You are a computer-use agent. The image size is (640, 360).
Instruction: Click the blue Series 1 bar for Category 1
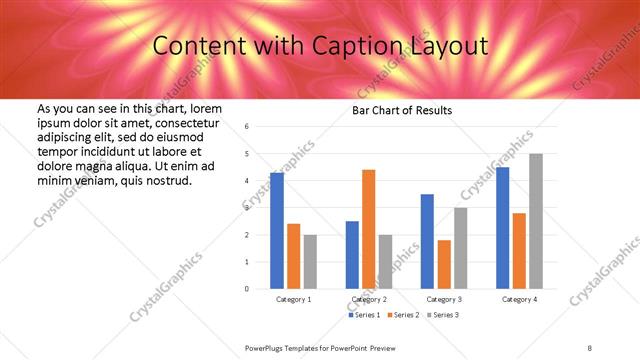[x=277, y=230]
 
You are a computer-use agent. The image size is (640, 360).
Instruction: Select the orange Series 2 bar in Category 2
[x=369, y=229]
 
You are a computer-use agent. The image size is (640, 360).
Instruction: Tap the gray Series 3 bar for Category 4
[x=536, y=221]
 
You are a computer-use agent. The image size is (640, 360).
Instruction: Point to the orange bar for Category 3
[x=444, y=264]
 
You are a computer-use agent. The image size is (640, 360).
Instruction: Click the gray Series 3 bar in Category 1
[x=310, y=262]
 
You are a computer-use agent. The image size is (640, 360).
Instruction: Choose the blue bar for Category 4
[x=502, y=228]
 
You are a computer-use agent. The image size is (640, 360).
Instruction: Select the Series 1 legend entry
[x=364, y=315]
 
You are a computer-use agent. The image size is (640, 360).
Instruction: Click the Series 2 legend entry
[x=402, y=315]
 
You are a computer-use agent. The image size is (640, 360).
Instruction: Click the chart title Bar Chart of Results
[x=402, y=110]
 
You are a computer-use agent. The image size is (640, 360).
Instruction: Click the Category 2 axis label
[x=369, y=299]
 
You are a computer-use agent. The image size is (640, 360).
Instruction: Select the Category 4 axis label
[x=519, y=299]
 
